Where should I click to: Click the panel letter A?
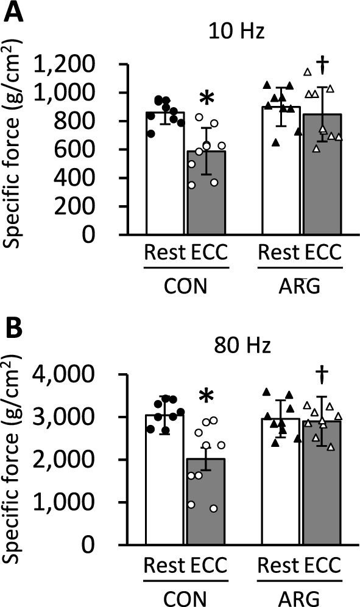[x=13, y=12]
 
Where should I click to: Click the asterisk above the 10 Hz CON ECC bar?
[x=207, y=99]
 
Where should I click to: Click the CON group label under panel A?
[x=186, y=284]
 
